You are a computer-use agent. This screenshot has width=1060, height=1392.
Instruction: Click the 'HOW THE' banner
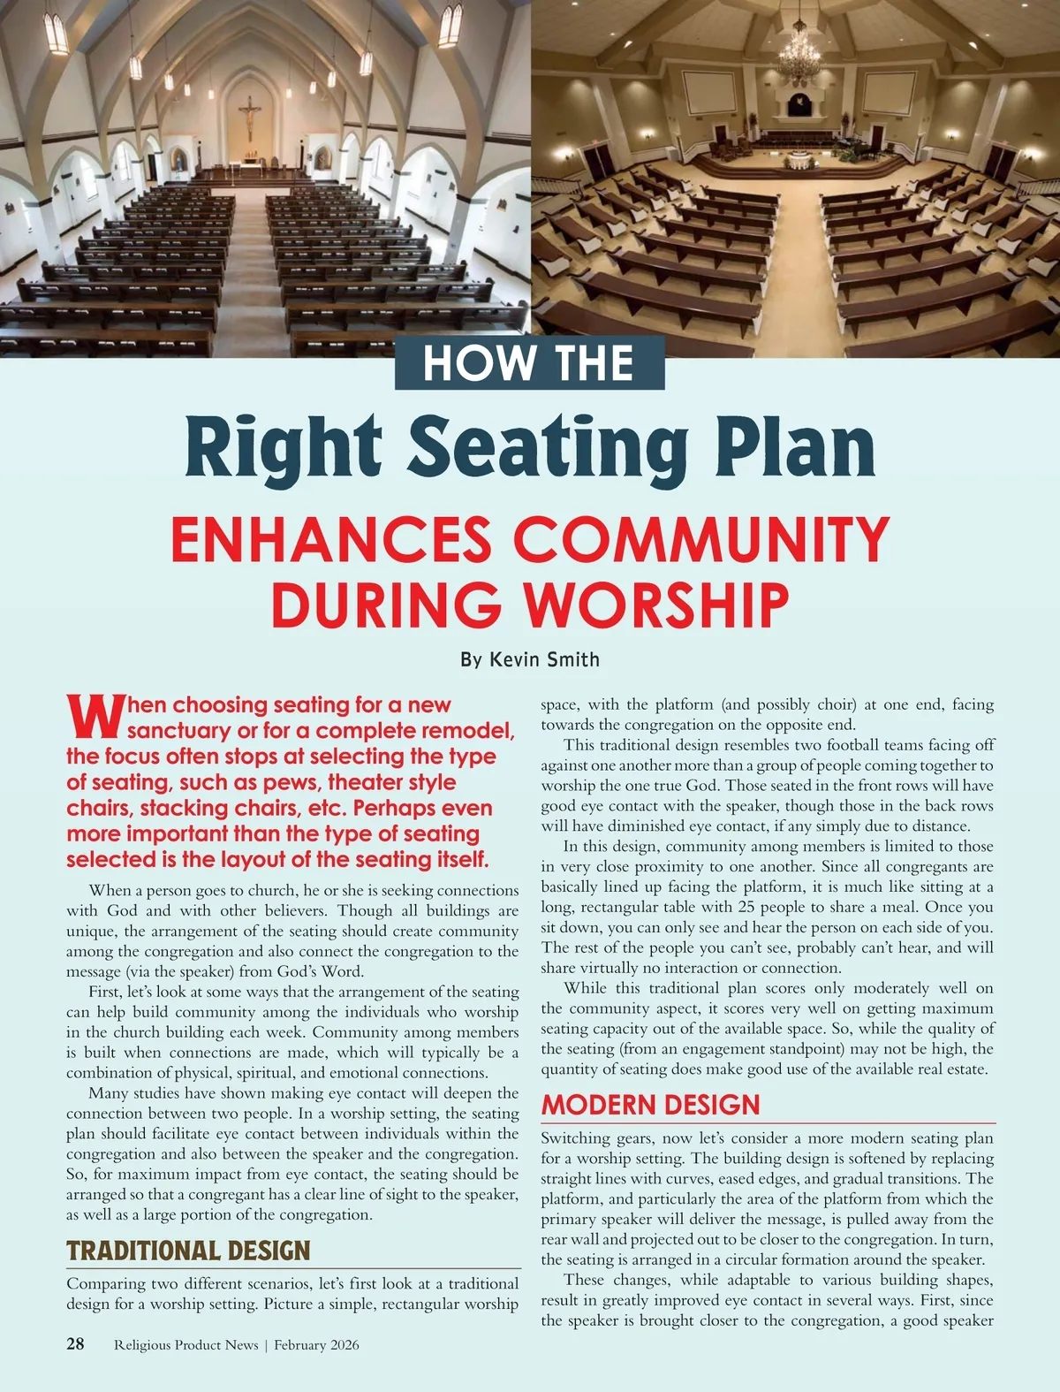point(529,363)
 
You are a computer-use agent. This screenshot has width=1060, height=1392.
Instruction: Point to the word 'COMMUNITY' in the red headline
point(701,540)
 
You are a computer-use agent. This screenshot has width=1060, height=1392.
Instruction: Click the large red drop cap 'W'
point(93,717)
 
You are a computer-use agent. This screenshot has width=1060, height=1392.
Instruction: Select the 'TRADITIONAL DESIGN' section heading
point(188,1251)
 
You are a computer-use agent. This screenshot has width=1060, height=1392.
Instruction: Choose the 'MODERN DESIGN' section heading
point(650,1105)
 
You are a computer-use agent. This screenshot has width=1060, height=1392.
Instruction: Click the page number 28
point(76,1344)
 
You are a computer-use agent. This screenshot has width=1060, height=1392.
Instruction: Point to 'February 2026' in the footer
point(316,1345)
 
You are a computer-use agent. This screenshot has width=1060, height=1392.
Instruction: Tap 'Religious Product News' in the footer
point(186,1345)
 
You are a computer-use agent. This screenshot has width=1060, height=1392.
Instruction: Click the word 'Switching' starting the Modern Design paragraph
point(576,1138)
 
